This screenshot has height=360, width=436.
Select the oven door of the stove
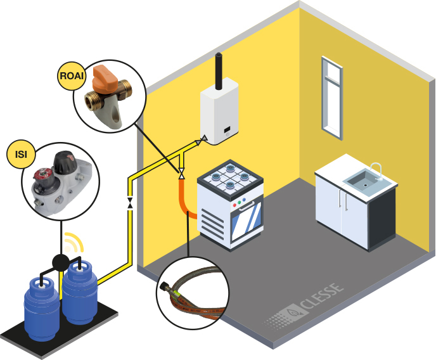pyautogui.click(x=243, y=219)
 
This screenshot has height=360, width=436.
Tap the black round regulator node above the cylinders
pyautogui.click(x=60, y=262)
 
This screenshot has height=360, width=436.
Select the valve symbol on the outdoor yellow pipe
pyautogui.click(x=130, y=203)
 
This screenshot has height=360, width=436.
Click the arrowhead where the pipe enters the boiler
pyautogui.click(x=203, y=138)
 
